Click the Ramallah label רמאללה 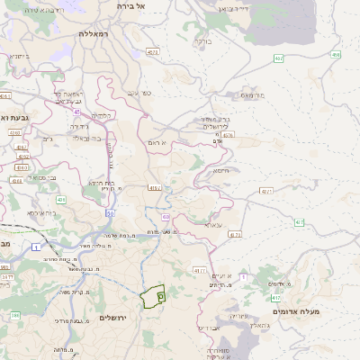[x=93, y=33]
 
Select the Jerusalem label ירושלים [x=114, y=319]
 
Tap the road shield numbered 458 [x=336, y=56]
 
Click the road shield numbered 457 [x=278, y=58]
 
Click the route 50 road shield [x=110, y=214]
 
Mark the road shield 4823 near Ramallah [x=152, y=52]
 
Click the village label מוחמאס [x=253, y=93]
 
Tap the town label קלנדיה [x=103, y=116]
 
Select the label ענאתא [x=212, y=225]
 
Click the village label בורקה [x=203, y=40]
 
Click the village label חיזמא [x=220, y=170]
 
